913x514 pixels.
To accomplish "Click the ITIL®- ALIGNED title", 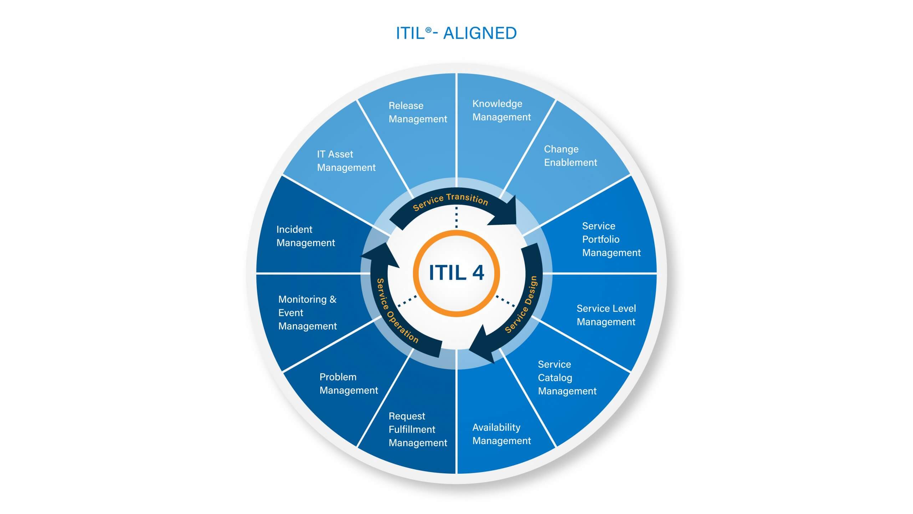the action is coord(456,33).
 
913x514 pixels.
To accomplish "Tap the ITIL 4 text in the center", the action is coord(456,273).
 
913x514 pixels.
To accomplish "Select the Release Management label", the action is coord(418,112).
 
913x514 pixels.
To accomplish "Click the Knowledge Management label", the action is coord(501,110).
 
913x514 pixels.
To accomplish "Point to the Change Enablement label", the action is coord(570,156).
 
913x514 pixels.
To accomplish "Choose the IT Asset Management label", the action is coord(346,161).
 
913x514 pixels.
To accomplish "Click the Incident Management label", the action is coord(306,236).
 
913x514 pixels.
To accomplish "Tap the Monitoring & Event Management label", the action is coord(307,312).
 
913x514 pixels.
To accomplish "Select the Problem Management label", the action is coord(348,383).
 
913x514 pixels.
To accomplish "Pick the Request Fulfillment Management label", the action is coord(418,429).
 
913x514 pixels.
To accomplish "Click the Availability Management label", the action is coord(501,434).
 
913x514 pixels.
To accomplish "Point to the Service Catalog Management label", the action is coord(567,378).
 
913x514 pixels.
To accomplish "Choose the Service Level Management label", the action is coord(606,315).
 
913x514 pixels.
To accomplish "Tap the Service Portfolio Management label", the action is coord(611,239).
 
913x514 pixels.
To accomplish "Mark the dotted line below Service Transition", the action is coord(456,217).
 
